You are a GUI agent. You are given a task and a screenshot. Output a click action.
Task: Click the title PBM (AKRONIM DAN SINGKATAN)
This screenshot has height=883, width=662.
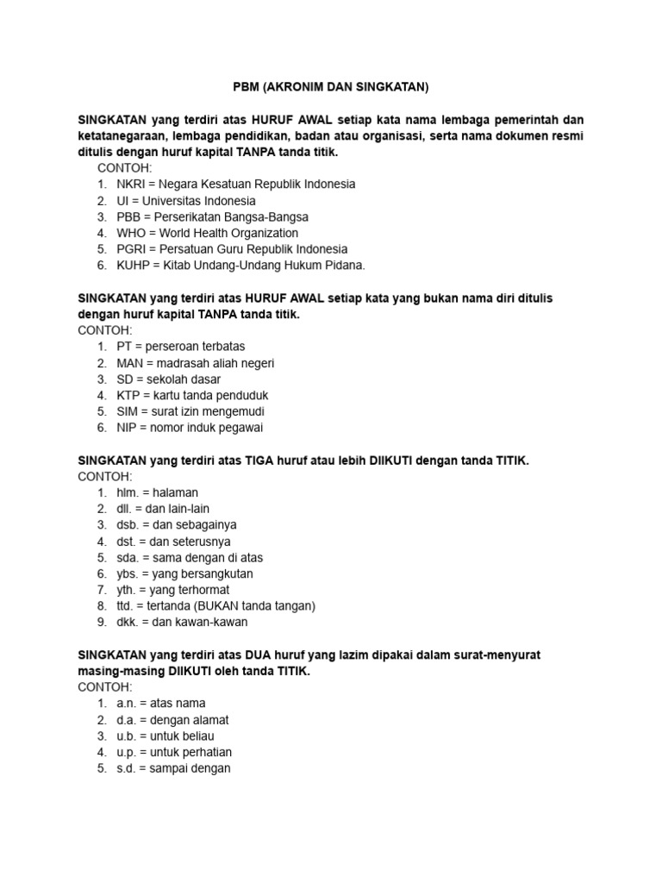tap(331, 87)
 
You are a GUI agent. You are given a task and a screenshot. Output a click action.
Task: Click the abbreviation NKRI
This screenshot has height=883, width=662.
tap(131, 184)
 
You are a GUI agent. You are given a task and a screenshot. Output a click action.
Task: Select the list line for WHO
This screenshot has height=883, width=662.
tap(207, 233)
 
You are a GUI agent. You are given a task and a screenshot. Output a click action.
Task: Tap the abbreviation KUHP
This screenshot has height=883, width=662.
tap(134, 265)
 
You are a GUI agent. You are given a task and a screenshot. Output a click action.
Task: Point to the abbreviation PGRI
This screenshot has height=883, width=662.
tap(133, 249)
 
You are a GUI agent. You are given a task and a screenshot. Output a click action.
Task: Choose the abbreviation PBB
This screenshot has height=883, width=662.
tap(129, 216)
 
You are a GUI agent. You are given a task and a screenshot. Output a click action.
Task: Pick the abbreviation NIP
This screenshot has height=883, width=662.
tap(127, 428)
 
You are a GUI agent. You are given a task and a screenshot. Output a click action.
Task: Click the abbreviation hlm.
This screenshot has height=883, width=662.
tap(128, 492)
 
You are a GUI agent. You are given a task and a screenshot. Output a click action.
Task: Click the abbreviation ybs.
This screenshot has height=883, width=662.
tap(128, 573)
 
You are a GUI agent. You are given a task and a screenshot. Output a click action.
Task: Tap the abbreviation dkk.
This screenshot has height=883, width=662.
tap(128, 622)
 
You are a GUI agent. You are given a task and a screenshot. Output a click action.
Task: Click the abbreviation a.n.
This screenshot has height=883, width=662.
tap(126, 704)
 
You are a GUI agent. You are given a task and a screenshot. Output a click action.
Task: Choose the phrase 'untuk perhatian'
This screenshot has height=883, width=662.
tap(197, 752)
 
